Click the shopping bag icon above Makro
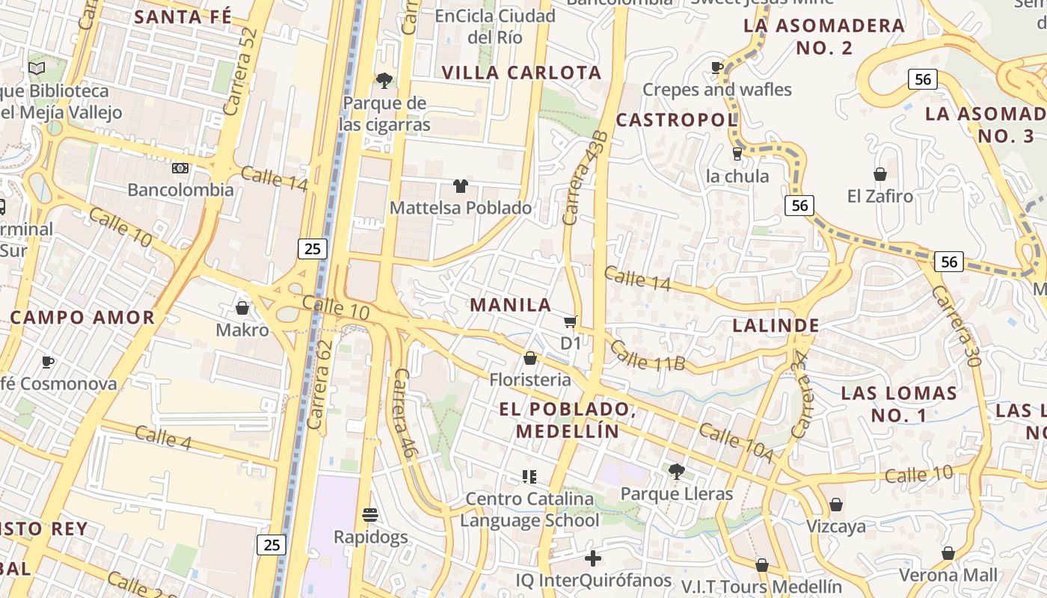242,307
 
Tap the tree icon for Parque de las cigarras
384,80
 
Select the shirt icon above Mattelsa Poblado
460,185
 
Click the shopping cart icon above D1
571,321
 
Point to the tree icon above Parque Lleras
676,471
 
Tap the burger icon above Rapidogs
370,514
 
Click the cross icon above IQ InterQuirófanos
593,558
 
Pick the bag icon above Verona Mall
948,553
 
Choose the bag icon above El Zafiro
880,174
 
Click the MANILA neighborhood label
511,305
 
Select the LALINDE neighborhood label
776,325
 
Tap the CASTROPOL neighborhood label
676,120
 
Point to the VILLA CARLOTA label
521,73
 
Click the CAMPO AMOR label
82,317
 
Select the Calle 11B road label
647,355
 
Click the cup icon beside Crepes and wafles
717,67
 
